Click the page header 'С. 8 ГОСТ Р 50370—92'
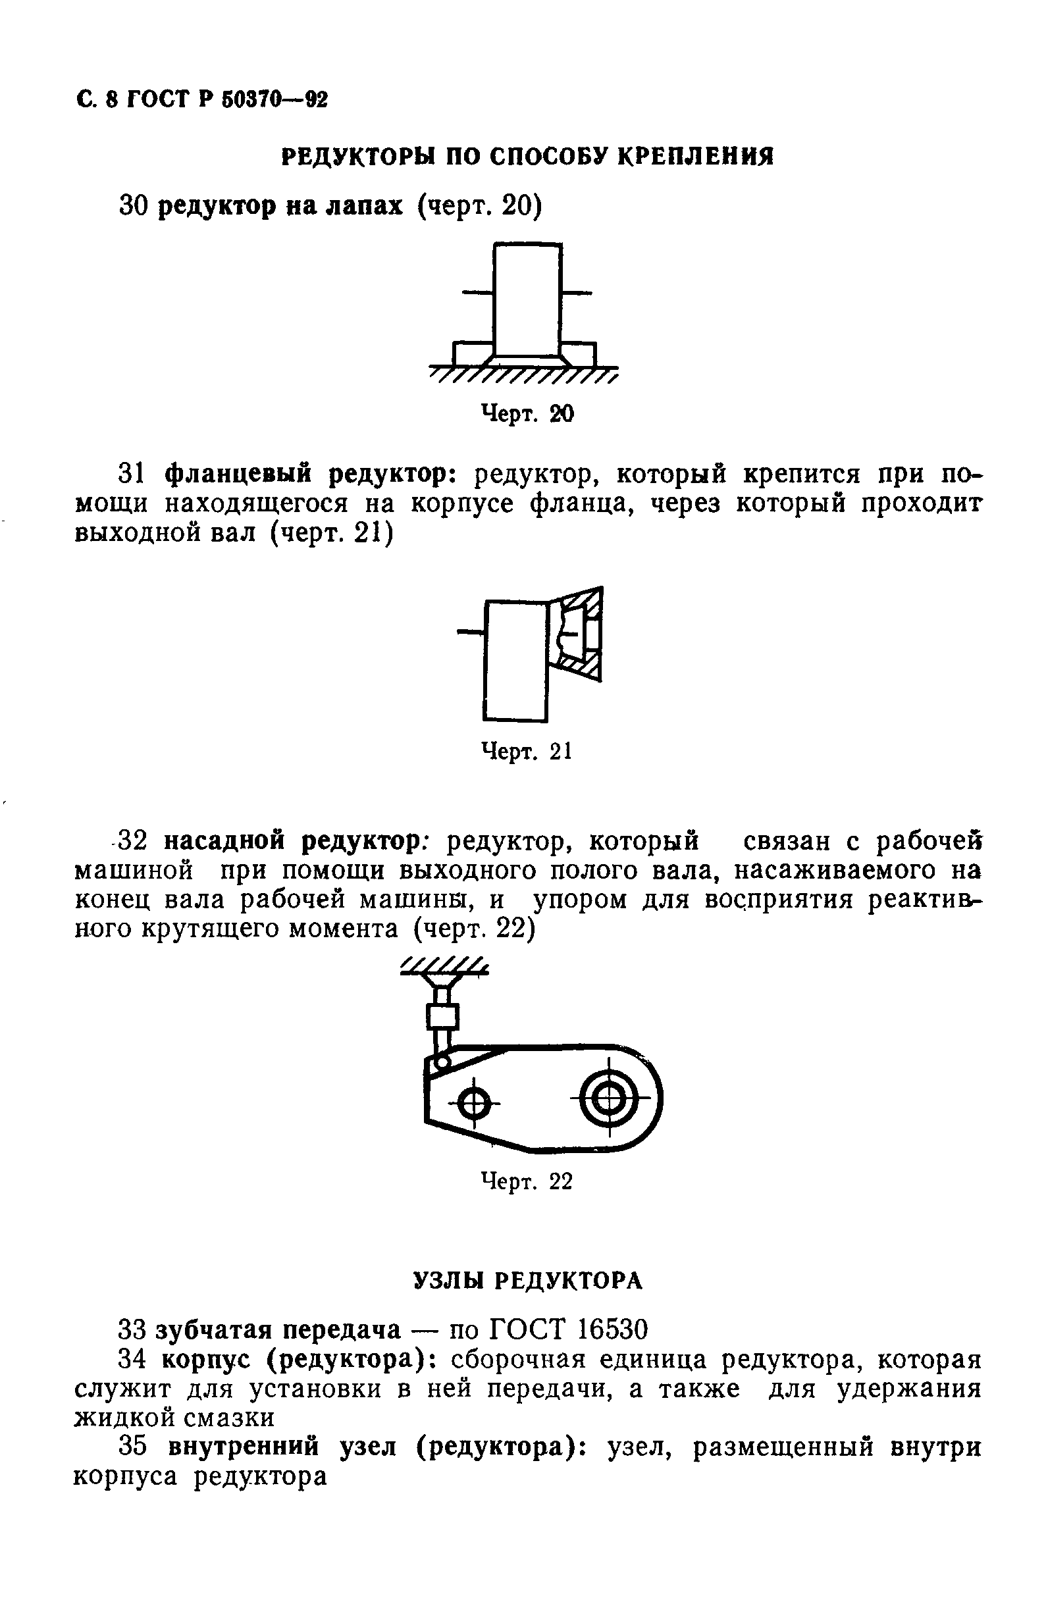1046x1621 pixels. (201, 101)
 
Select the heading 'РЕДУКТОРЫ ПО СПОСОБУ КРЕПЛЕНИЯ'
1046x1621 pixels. (527, 157)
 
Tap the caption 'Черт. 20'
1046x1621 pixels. (527, 413)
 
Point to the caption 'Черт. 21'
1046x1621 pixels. (527, 751)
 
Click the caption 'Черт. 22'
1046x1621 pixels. (527, 1181)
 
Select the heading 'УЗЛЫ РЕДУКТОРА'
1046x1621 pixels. (527, 1281)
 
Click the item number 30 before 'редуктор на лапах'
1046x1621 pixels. (134, 205)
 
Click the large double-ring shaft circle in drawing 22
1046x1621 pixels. (610, 1100)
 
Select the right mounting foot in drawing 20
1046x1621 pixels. (581, 354)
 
